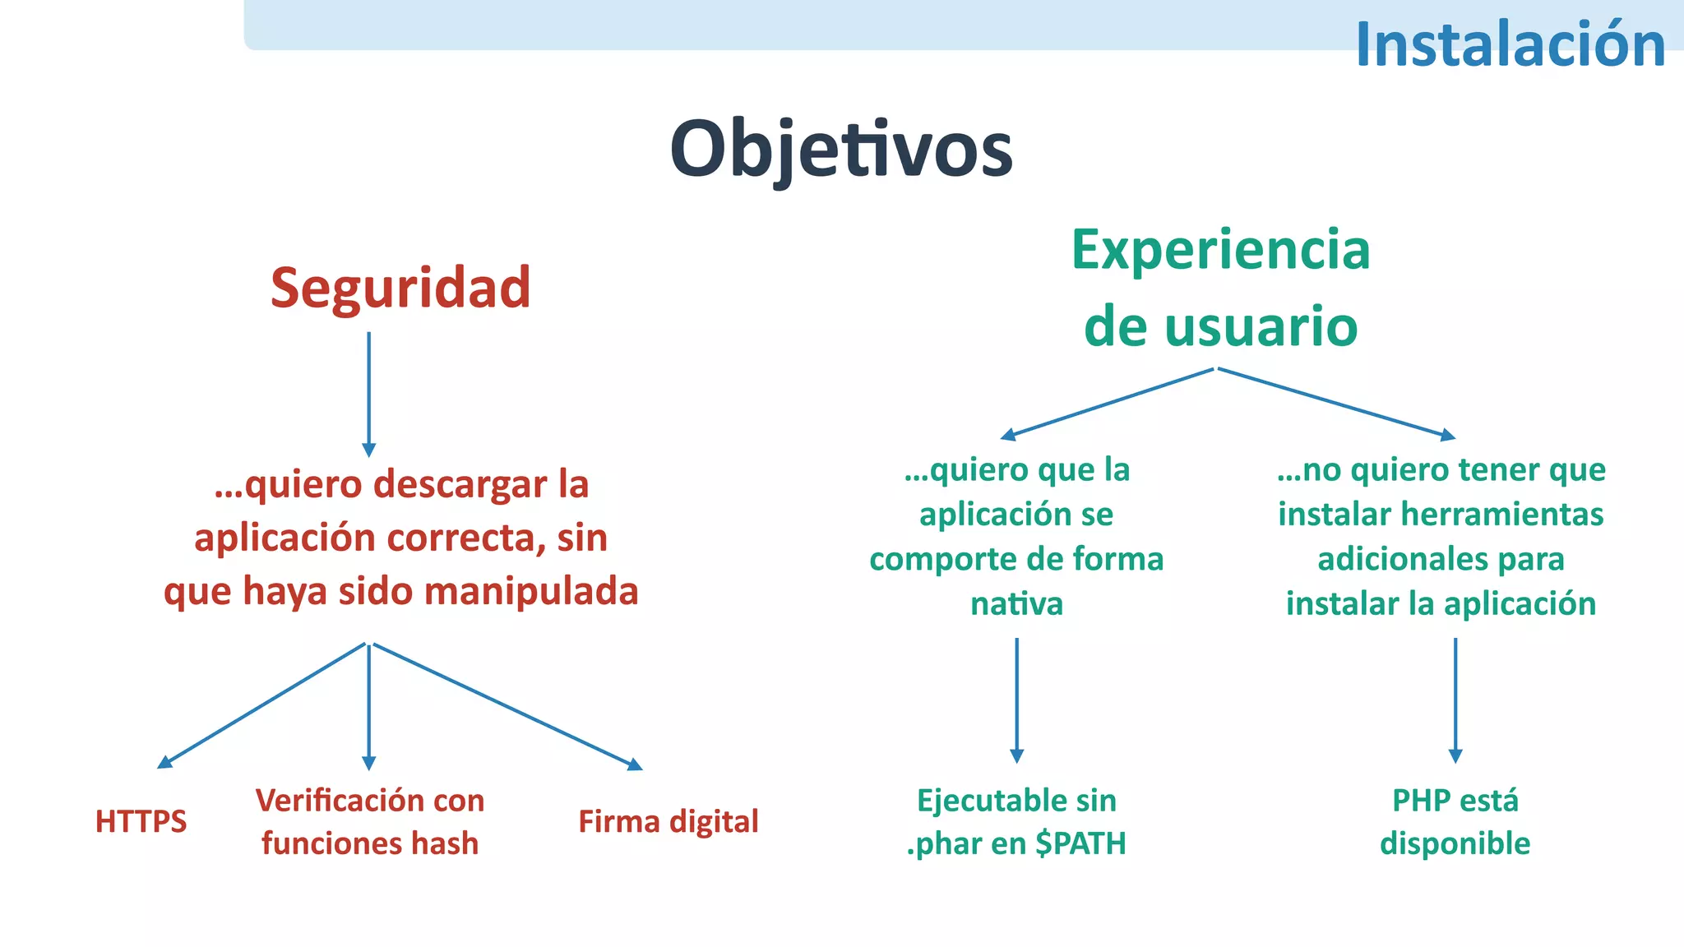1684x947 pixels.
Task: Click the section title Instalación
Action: click(1510, 44)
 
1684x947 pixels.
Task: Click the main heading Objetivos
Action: click(841, 150)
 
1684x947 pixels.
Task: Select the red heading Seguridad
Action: click(400, 288)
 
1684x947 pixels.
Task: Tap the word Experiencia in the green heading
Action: click(1220, 250)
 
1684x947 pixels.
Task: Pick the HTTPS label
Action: click(141, 821)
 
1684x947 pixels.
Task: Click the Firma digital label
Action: click(668, 821)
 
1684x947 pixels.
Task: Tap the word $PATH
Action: click(1080, 843)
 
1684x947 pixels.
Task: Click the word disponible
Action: click(1455, 843)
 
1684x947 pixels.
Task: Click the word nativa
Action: click(1016, 604)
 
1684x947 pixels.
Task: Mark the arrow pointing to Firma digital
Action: click(506, 705)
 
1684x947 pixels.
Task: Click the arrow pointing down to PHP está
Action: click(1455, 699)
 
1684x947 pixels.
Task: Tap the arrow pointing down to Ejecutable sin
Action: click(1016, 699)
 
